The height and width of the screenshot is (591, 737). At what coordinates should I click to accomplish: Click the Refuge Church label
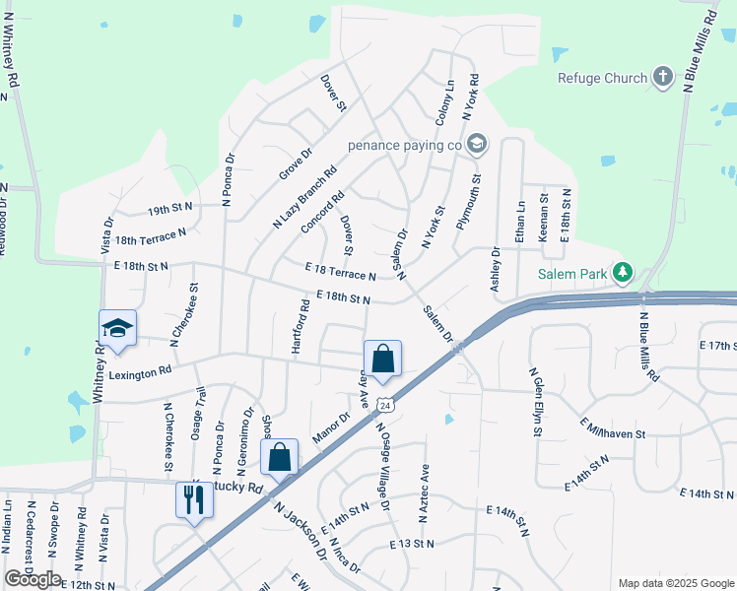602,78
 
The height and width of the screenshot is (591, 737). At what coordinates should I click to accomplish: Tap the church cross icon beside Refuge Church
663,77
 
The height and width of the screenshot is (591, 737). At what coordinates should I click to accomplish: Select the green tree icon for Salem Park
622,271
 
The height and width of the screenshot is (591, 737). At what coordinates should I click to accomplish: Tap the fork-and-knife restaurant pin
191,500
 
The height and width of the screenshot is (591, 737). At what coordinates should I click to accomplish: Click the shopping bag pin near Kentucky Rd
280,458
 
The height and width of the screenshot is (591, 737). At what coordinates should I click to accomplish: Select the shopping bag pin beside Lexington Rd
383,359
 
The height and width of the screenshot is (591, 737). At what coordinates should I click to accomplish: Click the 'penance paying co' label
405,145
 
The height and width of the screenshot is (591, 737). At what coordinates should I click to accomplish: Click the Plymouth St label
468,203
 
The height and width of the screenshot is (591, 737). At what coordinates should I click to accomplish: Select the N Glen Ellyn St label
536,401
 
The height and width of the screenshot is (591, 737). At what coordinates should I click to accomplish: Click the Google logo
33,579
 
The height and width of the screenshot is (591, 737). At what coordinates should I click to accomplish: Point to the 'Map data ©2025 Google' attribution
675,583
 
